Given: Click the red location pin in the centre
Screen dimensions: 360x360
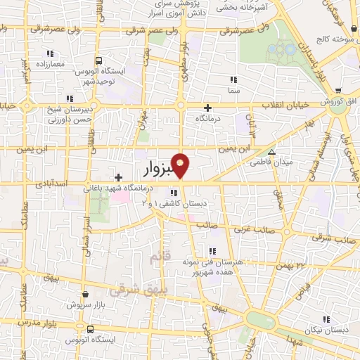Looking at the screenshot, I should tap(181, 165).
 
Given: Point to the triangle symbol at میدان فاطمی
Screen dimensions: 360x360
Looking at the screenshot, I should tap(272, 151).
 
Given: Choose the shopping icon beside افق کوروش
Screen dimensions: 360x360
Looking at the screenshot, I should tap(338, 91).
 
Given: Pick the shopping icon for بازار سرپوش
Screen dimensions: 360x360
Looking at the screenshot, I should tap(86, 295).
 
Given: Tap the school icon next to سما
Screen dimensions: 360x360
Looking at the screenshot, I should tap(233, 80).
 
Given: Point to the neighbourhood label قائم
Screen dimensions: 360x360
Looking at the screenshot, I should tap(160, 259).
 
